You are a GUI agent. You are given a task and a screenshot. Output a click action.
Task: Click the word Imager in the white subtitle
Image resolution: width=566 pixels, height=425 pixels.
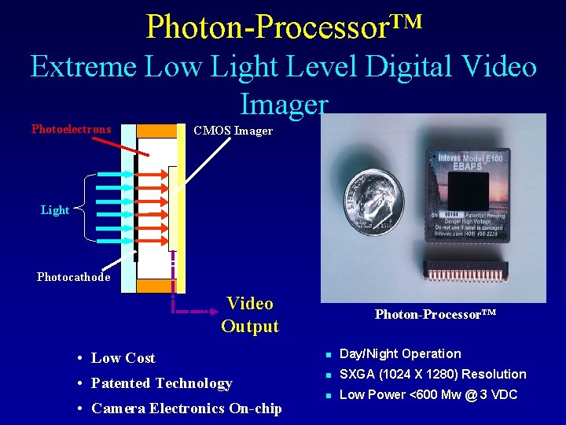click(x=284, y=103)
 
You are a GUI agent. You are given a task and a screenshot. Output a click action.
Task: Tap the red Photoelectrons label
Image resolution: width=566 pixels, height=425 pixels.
click(x=72, y=129)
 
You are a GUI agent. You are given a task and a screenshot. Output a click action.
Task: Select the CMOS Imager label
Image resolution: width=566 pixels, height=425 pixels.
click(x=233, y=131)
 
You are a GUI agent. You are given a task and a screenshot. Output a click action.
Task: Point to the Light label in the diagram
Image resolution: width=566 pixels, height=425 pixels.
click(x=55, y=210)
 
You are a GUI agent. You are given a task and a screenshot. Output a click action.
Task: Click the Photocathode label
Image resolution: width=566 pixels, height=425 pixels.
click(x=73, y=277)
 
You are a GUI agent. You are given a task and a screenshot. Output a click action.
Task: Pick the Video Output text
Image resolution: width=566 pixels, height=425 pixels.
click(x=250, y=315)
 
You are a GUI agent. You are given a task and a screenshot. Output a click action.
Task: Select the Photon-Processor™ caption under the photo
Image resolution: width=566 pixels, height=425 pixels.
click(x=435, y=315)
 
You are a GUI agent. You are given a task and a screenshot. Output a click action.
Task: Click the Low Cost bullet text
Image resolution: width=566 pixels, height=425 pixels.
click(x=123, y=358)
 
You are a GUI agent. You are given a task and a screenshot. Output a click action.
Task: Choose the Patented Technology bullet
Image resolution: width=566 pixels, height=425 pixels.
click(x=161, y=383)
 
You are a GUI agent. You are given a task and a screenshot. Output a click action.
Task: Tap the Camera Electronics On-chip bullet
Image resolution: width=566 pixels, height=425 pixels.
click(x=186, y=408)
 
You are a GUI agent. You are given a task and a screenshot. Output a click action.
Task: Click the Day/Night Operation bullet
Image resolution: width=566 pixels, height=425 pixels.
click(x=399, y=354)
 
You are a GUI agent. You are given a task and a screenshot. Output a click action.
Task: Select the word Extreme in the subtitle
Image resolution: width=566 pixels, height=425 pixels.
click(x=83, y=67)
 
